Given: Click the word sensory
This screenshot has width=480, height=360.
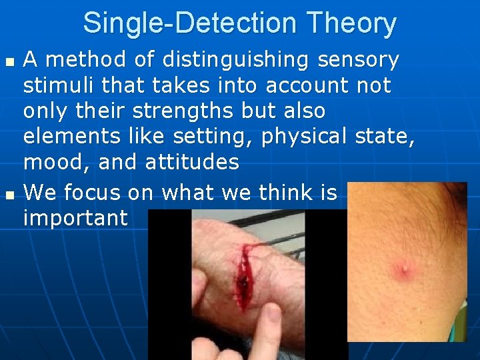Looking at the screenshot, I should click(358, 60).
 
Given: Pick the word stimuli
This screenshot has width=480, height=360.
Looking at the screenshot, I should click(60, 85).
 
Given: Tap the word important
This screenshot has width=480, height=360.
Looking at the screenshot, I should click(75, 219).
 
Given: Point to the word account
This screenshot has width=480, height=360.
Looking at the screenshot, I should click(307, 85).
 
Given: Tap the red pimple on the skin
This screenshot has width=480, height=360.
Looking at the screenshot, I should click(405, 268).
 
